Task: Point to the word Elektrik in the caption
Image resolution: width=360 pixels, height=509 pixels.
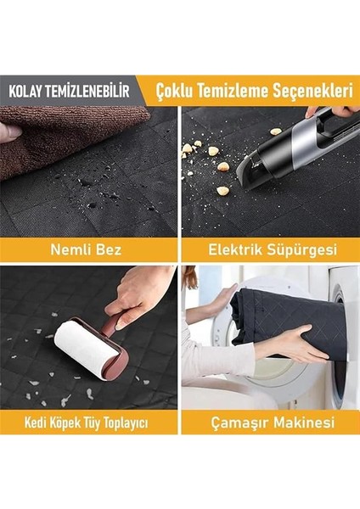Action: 231,249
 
